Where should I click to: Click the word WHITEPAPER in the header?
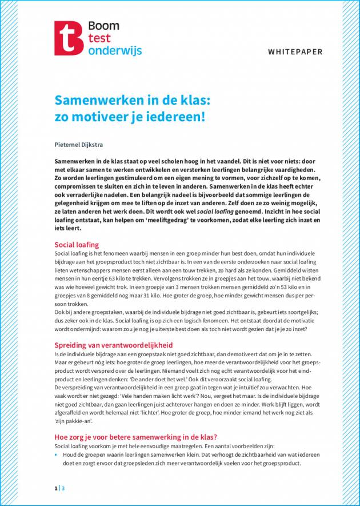(295, 52)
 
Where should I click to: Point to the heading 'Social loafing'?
(77, 244)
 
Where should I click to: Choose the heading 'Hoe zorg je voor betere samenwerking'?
(139, 436)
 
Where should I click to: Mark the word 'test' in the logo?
(98, 38)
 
